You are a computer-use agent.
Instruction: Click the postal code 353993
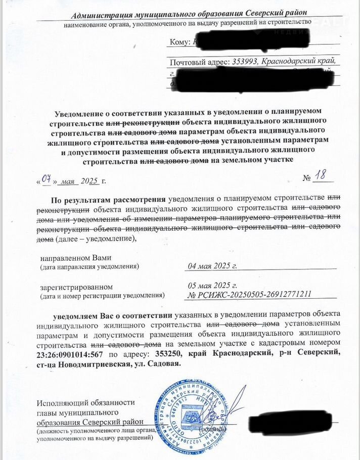245,62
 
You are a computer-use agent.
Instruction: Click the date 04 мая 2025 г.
212,265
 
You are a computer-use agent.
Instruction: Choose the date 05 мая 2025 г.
212,285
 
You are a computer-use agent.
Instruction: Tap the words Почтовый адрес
200,62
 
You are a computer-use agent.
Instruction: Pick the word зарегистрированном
76,287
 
